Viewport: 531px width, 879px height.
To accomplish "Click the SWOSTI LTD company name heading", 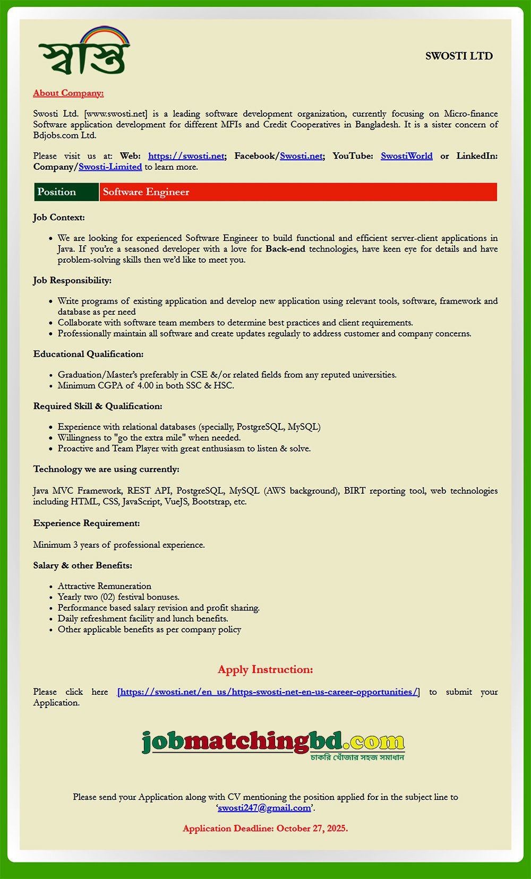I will (459, 56).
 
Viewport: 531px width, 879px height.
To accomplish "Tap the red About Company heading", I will (68, 93).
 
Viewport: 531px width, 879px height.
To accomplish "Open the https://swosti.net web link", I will (186, 156).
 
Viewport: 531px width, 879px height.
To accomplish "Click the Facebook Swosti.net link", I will (301, 156).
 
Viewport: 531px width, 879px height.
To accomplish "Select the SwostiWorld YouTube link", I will (406, 156).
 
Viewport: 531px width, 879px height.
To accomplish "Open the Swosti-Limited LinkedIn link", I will (110, 167).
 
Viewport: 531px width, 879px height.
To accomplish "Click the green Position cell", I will (66, 192).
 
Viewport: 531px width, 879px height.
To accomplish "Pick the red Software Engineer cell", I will (298, 192).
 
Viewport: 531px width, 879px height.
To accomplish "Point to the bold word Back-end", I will (285, 248).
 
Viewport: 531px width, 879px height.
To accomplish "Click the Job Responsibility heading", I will (72, 280).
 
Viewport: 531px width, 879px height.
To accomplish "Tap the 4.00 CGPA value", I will (145, 385).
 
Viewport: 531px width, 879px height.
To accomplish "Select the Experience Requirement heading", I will (87, 523).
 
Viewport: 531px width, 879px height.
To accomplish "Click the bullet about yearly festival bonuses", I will (118, 597).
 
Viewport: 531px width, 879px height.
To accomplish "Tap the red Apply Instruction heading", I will (265, 669).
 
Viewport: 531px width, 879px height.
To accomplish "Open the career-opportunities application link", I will (268, 692).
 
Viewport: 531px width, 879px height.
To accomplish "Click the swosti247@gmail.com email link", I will (264, 808).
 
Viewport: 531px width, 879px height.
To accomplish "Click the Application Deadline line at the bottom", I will (265, 828).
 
